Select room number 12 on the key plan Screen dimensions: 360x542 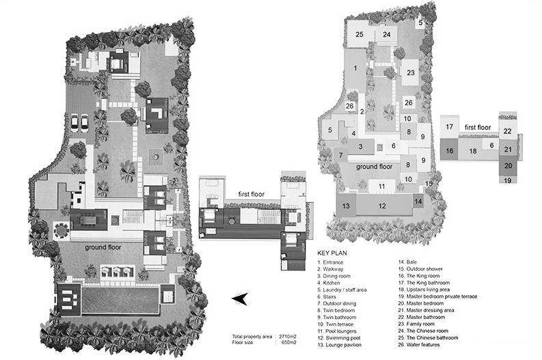pos(383,206)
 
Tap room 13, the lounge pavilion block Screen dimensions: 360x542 pos(347,206)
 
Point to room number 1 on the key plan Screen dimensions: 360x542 pos(355,68)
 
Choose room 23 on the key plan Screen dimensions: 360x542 pos(411,72)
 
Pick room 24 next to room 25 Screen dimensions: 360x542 pos(387,34)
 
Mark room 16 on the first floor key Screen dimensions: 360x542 pos(449,151)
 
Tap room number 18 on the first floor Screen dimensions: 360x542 pos(472,151)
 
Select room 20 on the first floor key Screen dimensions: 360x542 pos(508,165)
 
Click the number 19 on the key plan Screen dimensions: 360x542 pos(508,180)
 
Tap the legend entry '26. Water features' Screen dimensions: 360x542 pos(425,344)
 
